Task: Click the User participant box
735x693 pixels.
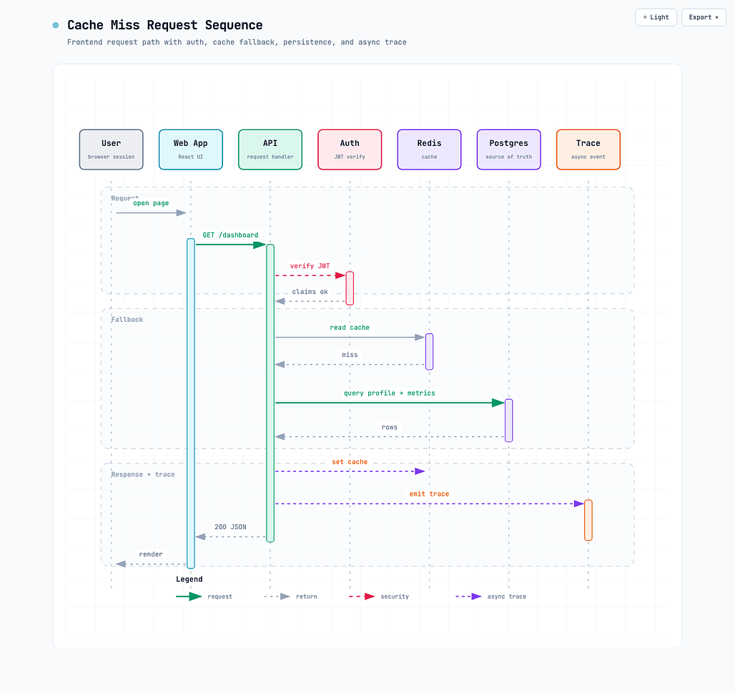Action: click(111, 149)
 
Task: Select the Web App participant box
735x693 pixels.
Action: click(191, 149)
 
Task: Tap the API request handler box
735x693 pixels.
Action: click(270, 149)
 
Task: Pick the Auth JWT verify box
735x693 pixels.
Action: click(350, 149)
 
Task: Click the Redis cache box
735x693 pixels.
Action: click(430, 149)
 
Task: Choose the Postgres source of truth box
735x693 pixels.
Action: click(508, 149)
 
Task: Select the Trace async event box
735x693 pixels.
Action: click(588, 149)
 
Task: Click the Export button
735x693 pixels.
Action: click(704, 17)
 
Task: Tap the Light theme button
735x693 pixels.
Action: click(656, 17)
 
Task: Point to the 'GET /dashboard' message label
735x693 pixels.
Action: click(230, 235)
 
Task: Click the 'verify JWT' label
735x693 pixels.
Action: click(310, 266)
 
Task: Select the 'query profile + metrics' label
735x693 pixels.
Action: click(390, 393)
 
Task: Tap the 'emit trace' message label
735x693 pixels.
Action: click(430, 493)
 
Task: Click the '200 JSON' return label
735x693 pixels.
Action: click(230, 527)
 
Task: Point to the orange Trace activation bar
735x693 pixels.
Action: click(588, 520)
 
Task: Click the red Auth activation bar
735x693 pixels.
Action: click(350, 288)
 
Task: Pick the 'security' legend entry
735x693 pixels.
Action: click(379, 596)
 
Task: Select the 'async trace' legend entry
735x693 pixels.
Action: click(490, 596)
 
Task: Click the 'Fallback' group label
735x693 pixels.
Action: click(127, 319)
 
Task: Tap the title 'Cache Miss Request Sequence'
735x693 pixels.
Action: click(165, 25)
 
